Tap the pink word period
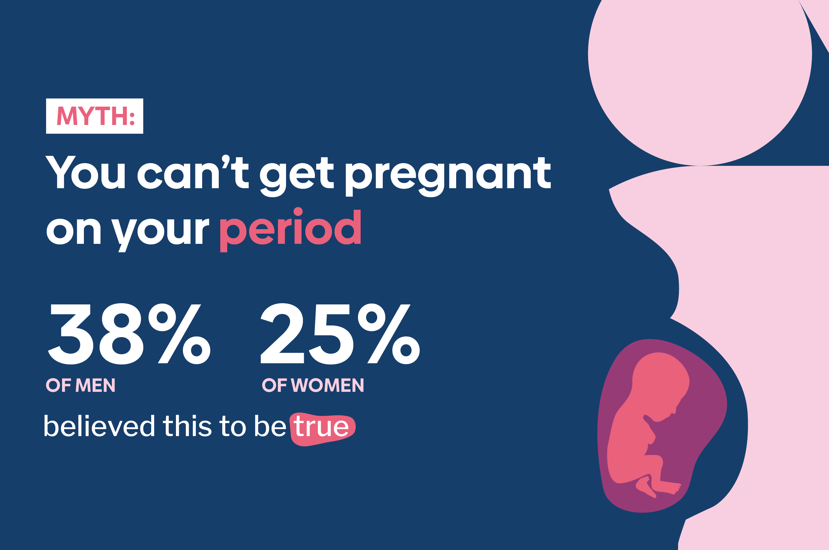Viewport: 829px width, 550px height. tap(290, 230)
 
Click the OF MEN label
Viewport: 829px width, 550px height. tap(80, 385)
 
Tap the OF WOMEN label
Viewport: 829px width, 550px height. tap(313, 385)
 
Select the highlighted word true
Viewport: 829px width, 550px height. tap(321, 426)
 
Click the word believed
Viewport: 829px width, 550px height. tap(99, 426)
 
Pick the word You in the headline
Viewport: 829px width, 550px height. tap(85, 172)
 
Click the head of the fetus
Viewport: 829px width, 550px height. tap(660, 379)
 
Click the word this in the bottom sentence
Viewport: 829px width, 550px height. tap(187, 426)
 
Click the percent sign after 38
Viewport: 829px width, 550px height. tap(179, 334)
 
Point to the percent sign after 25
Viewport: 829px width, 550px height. tap(389, 334)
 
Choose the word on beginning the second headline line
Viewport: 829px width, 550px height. tap(74, 232)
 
